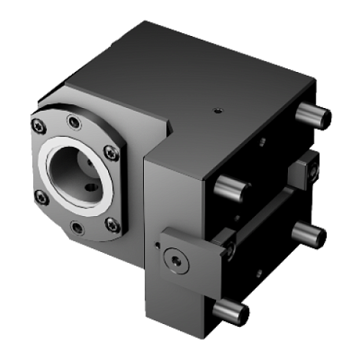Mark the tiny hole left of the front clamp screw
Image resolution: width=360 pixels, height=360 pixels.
157,243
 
